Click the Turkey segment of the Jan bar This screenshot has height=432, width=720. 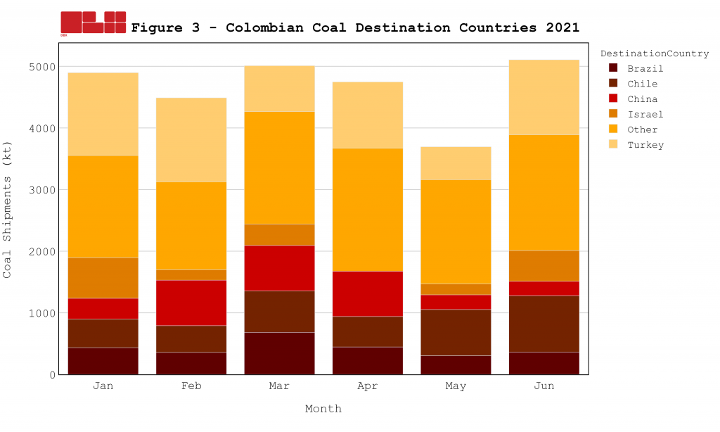(x=103, y=114)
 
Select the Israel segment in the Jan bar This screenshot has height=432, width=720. (x=103, y=278)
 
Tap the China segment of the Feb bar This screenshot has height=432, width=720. (x=191, y=303)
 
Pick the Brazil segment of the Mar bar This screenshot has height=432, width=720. (x=279, y=353)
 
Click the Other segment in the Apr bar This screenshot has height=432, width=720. (x=368, y=210)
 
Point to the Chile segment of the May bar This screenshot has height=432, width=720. (x=456, y=332)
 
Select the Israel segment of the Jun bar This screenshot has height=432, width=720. (x=544, y=266)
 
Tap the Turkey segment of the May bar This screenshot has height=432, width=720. (x=456, y=163)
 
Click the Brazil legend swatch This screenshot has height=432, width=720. (x=613, y=68)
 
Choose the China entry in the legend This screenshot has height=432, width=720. (x=642, y=99)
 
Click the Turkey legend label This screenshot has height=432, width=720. (x=645, y=145)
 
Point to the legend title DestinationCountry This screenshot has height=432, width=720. (x=654, y=53)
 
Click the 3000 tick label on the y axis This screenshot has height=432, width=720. (x=41, y=190)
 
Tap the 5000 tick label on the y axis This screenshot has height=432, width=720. (x=41, y=67)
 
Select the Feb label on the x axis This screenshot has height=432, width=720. (x=191, y=386)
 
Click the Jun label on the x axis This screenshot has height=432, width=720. (x=544, y=386)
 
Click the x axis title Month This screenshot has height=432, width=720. (x=323, y=409)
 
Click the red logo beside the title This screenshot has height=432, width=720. (x=93, y=23)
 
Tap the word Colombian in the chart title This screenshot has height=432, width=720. (x=265, y=28)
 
